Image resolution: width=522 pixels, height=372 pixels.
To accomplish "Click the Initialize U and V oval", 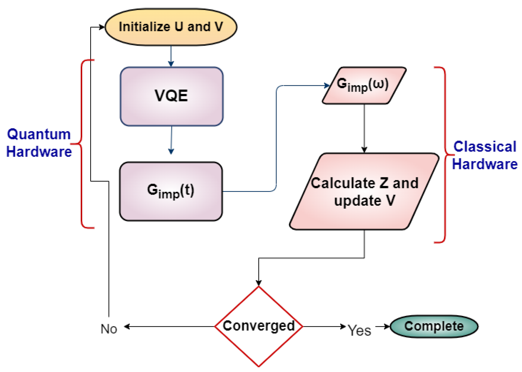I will pos(171,27).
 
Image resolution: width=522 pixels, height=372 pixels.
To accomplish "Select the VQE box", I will pos(172,96).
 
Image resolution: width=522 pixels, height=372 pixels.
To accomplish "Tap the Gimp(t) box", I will pos(171,191).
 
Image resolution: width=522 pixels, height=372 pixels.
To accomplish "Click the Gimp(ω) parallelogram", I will pos(364,85).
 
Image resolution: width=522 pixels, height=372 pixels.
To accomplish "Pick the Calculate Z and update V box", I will pos(364,191).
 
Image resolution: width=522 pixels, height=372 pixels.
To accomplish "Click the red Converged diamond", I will pos(259,326).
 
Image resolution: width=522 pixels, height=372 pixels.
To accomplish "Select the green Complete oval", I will pos(434,326).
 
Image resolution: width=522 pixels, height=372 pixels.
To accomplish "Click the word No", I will pos(109,329).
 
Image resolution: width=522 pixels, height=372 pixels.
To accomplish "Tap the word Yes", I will pos(359,330).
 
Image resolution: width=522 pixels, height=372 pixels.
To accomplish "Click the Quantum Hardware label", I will pos(39,143).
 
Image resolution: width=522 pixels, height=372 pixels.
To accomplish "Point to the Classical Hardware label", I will pos(485,155).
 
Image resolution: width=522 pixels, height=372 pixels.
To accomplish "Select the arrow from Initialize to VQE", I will pos(171,56).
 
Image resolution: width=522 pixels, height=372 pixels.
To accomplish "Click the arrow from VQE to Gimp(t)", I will pos(172,140).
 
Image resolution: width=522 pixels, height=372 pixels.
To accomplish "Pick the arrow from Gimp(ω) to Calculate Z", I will pos(364,127).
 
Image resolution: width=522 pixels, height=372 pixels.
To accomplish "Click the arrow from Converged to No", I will pos(169,326).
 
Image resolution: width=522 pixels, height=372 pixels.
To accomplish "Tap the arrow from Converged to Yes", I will pos(324,326).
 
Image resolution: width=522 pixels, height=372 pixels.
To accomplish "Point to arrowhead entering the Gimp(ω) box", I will pos(327,85).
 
